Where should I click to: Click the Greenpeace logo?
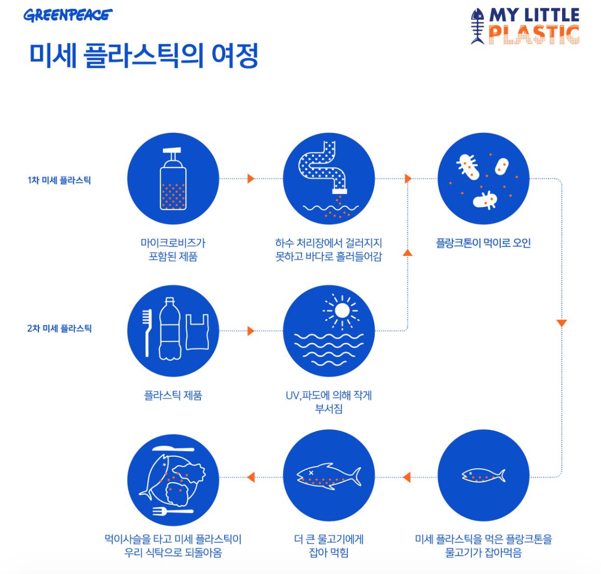coord(67,15)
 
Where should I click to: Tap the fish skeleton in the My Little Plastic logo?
coord(477,26)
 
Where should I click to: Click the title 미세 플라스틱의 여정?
coord(144,56)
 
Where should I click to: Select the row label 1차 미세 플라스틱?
coord(59,180)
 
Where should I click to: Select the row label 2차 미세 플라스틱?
coord(59,328)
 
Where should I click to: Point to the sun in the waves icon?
coord(342,310)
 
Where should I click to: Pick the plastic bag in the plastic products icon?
coord(197,332)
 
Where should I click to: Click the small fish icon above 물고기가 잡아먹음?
coord(483,475)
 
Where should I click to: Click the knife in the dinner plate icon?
coord(173,448)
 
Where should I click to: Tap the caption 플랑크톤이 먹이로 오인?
coord(483,243)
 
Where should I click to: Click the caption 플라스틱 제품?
coord(173,395)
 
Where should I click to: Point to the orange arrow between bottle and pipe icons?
coord(251,179)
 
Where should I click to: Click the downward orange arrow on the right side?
coord(562,323)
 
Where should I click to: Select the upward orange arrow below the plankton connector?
coord(407,253)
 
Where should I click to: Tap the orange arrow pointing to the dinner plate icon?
coord(251,477)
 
